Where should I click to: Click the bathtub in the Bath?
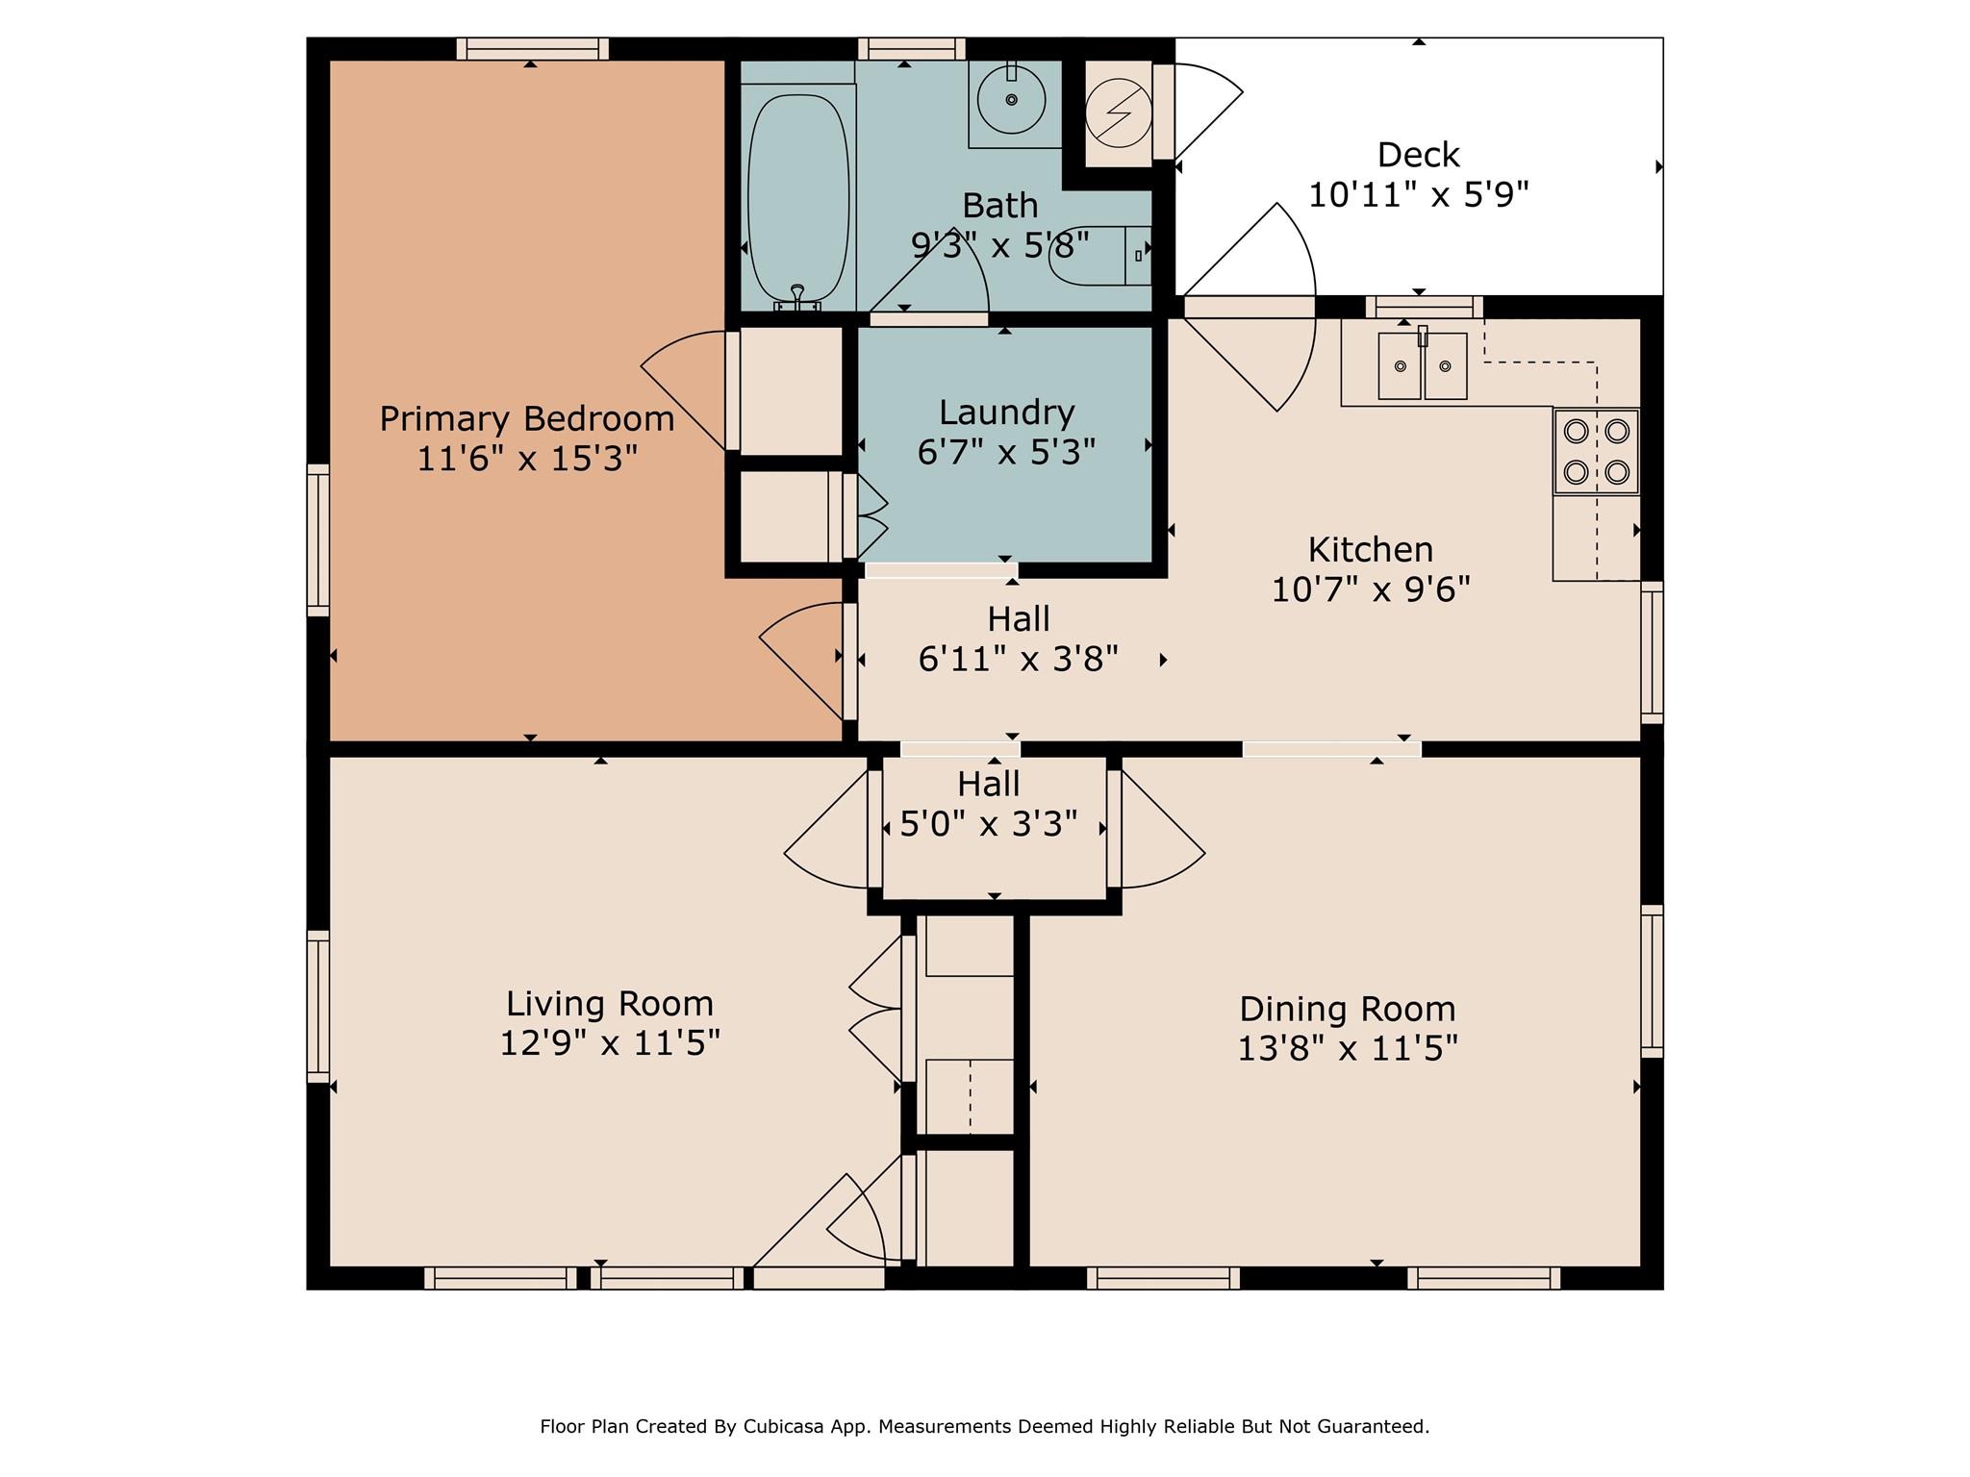[798, 197]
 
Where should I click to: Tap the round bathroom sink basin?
[1011, 100]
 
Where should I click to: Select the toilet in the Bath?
[1097, 256]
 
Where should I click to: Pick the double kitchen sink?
[1423, 365]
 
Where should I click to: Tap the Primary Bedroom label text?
[526, 419]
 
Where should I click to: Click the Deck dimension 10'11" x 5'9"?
[1418, 195]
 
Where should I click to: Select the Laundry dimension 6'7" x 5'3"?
[1006, 452]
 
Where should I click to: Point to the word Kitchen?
[1370, 550]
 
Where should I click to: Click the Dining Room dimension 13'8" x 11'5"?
[1347, 1048]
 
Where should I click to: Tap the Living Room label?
[609, 1004]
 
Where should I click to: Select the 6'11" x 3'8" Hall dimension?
[1018, 660]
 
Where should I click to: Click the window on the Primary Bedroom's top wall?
[532, 48]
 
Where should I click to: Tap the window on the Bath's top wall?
[911, 48]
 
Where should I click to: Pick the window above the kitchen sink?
[1424, 307]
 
